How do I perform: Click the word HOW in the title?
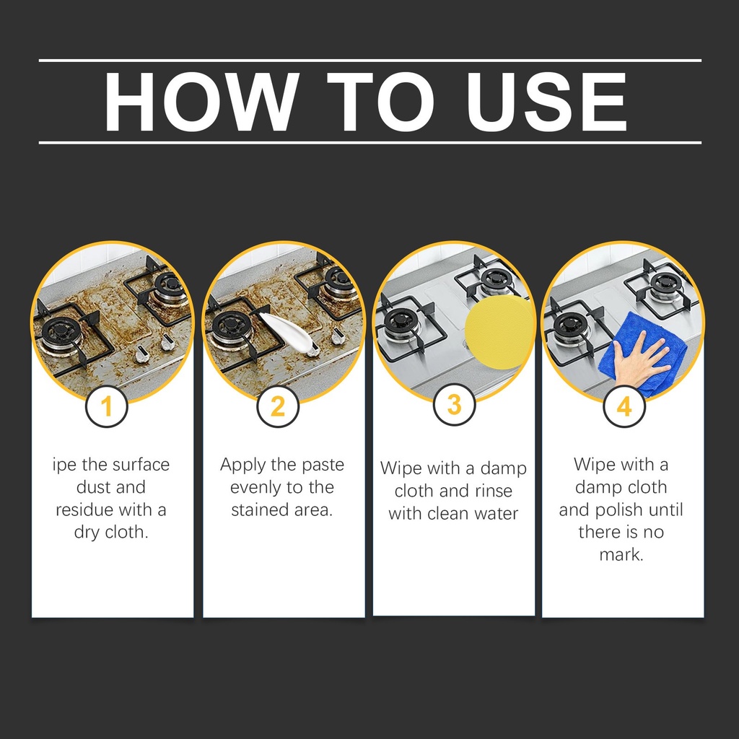(x=201, y=102)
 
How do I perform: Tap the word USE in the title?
(x=546, y=102)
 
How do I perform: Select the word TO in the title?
(x=380, y=102)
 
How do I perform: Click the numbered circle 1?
(x=107, y=406)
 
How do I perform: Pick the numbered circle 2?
(x=278, y=406)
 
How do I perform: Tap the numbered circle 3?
(x=455, y=404)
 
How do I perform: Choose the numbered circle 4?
(x=624, y=406)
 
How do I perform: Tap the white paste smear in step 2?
(x=287, y=331)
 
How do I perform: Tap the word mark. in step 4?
(x=621, y=554)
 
